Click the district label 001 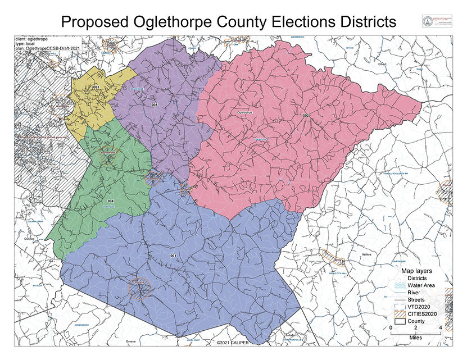coord(173,256)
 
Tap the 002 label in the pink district coord(306,116)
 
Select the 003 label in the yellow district coord(96,88)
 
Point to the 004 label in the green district coord(111,200)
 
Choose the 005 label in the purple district coord(154,105)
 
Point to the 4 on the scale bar coord(440,327)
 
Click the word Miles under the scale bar coord(415,337)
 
